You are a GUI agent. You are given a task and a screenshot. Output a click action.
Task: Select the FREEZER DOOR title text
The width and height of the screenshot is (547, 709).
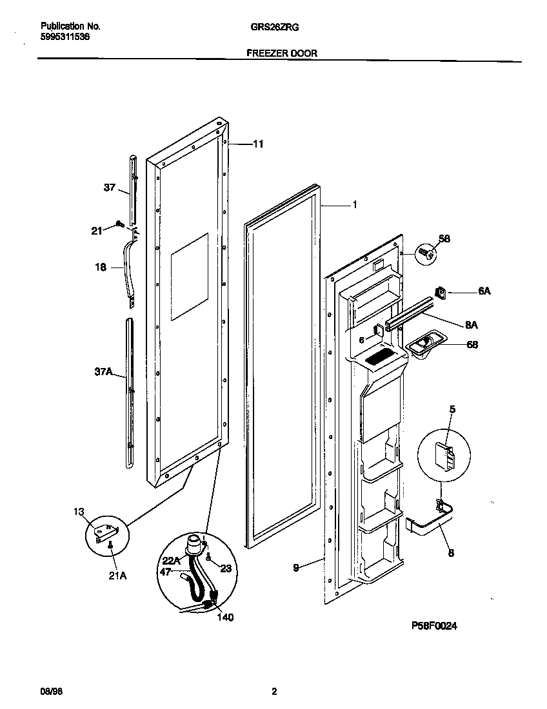point(282,53)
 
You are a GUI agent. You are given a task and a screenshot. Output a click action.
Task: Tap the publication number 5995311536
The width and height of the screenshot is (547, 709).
point(65,37)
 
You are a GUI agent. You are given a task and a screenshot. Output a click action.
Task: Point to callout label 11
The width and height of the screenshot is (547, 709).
point(257,144)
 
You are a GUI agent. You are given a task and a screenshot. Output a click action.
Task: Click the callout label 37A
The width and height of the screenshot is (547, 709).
point(104,372)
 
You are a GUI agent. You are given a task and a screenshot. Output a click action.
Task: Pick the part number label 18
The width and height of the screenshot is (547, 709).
point(101,267)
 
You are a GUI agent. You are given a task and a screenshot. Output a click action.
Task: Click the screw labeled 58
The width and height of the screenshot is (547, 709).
point(425,253)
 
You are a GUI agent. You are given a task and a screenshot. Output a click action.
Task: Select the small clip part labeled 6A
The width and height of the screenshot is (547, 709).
point(443,293)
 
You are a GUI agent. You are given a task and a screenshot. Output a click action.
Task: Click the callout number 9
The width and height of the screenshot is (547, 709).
point(295,568)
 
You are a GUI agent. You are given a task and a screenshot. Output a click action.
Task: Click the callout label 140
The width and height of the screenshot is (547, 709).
point(225,617)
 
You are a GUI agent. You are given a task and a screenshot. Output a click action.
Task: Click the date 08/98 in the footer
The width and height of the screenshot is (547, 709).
point(52,692)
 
